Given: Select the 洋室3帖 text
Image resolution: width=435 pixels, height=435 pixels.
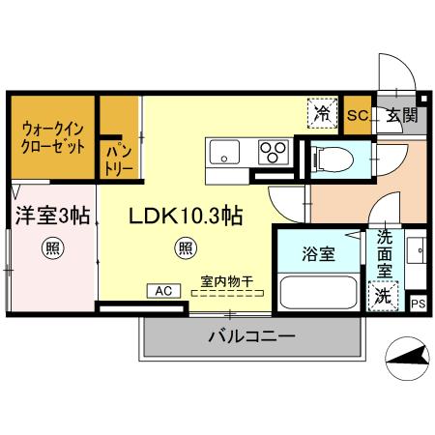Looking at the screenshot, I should click(51, 216).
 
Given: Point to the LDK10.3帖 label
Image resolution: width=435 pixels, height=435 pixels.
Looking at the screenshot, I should click(186, 217).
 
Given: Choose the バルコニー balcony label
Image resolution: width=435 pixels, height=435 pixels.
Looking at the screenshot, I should click(250, 336).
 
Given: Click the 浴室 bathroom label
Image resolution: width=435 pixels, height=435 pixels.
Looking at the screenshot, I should click(318, 255).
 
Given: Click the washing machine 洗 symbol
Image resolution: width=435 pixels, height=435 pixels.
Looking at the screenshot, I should click(385, 296).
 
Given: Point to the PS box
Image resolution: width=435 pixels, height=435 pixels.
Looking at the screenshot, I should click(418, 304).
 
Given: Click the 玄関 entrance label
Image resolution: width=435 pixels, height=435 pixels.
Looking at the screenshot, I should click(402, 116).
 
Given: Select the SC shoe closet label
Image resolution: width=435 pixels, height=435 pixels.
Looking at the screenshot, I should click(356, 116).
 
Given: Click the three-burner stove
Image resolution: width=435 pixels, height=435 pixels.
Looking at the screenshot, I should click(273, 152).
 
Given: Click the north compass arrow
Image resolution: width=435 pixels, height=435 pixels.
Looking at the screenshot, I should click(408, 362).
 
